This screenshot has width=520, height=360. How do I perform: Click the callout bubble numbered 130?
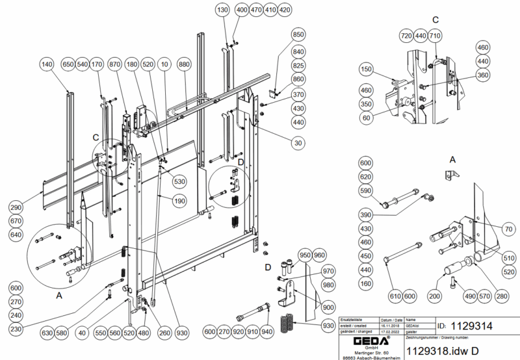point(223,10)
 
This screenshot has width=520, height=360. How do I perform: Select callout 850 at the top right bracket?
point(298,34)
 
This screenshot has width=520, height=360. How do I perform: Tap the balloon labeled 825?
point(298,66)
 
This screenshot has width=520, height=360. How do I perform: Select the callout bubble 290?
point(16,207)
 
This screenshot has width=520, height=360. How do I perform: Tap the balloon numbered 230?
point(16,329)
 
